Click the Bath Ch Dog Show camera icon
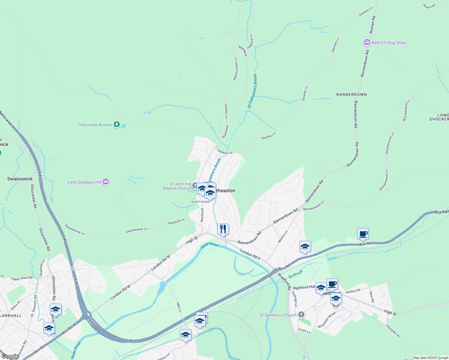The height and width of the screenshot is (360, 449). (x=367, y=43)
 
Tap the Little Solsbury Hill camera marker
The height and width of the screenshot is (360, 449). (x=105, y=182)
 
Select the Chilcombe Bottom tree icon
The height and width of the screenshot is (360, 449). (x=117, y=124)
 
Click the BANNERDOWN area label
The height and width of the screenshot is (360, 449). (x=351, y=94)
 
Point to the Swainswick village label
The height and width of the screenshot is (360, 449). (x=20, y=179)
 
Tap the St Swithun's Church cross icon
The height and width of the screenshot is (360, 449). (x=301, y=315)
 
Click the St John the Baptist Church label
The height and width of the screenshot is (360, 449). (x=177, y=186)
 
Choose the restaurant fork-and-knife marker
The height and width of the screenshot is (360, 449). (x=223, y=229)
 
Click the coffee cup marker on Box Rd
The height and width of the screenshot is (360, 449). (x=363, y=234)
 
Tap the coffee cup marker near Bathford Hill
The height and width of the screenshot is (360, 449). (x=332, y=284)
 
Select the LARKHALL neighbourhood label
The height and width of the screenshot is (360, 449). (x=11, y=316)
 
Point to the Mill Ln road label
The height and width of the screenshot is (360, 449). (x=179, y=307)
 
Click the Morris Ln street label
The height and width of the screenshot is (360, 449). (x=283, y=237)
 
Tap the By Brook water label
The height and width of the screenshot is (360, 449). (x=295, y=274)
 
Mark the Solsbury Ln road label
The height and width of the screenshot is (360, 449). (x=176, y=222)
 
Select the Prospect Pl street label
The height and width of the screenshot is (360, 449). (x=393, y=331)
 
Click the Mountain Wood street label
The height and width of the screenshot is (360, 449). (x=327, y=320)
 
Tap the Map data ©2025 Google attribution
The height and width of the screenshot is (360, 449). (x=430, y=358)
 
